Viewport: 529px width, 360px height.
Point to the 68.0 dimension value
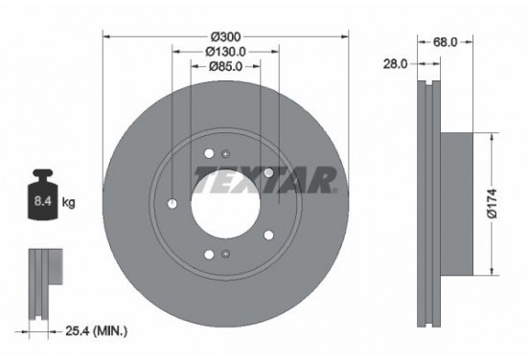tap(444, 41)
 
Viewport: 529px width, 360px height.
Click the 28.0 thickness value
tap(395, 63)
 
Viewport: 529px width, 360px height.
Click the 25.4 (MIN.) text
tap(97, 331)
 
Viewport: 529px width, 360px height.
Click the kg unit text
tap(68, 203)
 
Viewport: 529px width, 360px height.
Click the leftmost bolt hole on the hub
tap(172, 204)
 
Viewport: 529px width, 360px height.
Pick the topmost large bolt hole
tap(208, 154)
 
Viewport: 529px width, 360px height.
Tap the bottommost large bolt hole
tap(208, 254)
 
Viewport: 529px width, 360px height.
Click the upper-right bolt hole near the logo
tap(269, 173)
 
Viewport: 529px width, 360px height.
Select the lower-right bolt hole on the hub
tap(269, 235)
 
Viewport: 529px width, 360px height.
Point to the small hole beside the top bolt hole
tap(224, 154)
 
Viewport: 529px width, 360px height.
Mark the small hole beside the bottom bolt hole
tap(224, 254)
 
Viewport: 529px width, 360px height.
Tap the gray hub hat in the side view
tap(458, 202)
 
